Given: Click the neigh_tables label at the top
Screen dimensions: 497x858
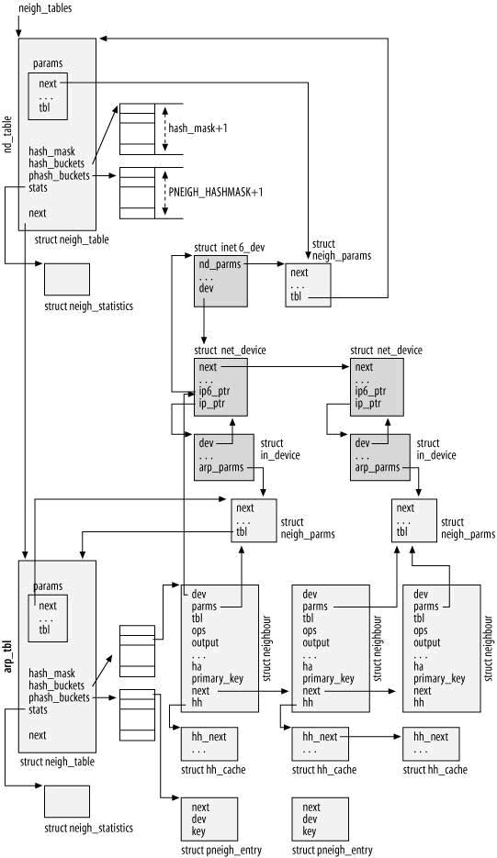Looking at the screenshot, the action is (46, 8).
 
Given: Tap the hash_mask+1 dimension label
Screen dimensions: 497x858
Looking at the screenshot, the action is (198, 128).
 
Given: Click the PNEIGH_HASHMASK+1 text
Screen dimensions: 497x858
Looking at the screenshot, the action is (215, 192).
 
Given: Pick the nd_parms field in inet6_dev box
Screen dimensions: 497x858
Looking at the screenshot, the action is (220, 265).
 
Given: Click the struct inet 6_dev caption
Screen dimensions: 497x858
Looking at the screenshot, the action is (229, 248).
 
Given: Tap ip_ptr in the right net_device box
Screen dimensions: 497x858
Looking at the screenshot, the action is (367, 404).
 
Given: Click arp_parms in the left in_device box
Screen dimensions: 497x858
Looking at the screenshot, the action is (221, 468).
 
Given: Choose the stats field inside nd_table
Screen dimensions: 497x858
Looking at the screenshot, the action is (38, 188).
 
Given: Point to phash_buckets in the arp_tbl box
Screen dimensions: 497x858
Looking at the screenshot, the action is (59, 697).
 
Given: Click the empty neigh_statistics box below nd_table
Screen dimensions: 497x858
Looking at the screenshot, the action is (67, 279).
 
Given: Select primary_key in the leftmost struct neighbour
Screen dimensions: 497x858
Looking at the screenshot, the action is (218, 679).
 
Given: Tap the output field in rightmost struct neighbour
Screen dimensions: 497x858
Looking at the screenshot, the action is (427, 642).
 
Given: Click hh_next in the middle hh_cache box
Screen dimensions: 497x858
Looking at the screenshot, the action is (320, 737).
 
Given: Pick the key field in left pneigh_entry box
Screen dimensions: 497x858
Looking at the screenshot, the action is (198, 831).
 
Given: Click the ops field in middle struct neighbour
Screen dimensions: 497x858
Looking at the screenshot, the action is (310, 630).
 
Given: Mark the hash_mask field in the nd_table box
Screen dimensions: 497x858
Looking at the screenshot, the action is (52, 151).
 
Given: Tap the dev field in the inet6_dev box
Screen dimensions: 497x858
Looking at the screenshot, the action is (206, 288).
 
